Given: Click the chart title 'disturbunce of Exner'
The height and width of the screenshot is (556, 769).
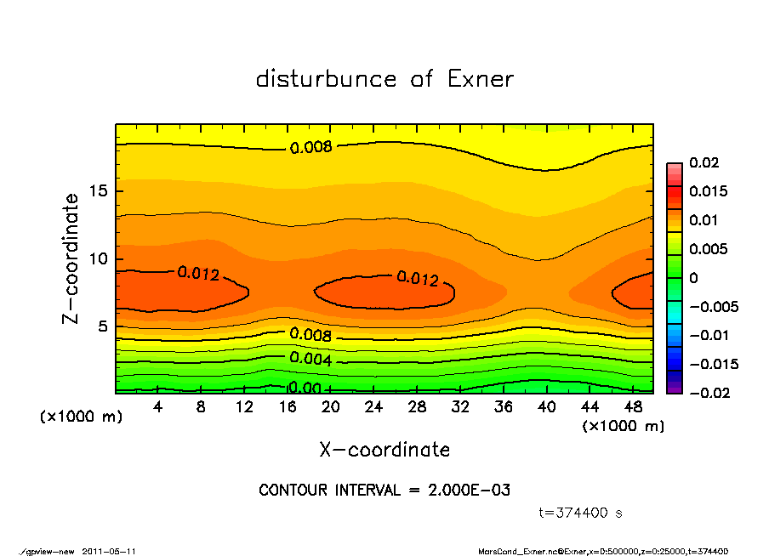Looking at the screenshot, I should (384, 79).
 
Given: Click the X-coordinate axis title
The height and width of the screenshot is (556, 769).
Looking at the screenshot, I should (384, 449).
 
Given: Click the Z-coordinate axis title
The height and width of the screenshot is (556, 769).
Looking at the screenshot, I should (71, 258).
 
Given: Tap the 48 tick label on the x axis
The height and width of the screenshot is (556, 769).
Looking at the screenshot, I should (633, 407).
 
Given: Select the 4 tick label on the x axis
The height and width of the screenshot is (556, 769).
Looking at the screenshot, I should (158, 407).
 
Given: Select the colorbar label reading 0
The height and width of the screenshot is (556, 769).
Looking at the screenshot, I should (693, 278).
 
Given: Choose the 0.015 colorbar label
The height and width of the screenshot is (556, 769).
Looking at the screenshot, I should (708, 191).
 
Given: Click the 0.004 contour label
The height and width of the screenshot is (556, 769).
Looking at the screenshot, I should (310, 358).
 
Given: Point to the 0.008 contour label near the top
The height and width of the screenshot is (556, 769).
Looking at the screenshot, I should (310, 147).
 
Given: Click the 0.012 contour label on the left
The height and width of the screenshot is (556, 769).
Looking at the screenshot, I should (198, 274).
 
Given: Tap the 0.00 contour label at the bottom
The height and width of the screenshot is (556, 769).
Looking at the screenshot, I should (304, 389).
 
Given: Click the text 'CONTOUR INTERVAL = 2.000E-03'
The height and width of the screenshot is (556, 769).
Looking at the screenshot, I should (384, 491).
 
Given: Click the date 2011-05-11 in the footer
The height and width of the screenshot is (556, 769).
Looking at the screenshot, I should (109, 551).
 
